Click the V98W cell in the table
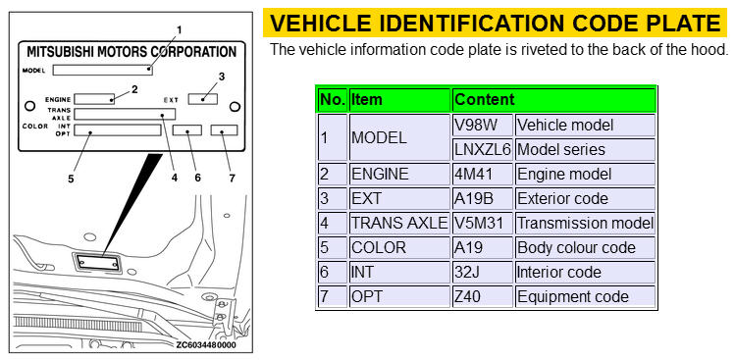tap(483, 126)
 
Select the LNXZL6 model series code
tap(483, 149)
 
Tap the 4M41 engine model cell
tap(483, 175)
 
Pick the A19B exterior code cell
tap(483, 199)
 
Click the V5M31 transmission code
tap(483, 223)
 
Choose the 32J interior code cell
tap(483, 272)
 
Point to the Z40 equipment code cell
tap(483, 296)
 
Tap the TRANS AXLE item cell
tap(399, 223)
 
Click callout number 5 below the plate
tap(71, 179)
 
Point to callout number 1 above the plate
tap(179, 30)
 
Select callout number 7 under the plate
tap(232, 179)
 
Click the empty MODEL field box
tap(103, 70)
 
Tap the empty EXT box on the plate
tap(203, 99)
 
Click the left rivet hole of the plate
tap(29, 106)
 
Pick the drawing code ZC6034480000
tap(206, 345)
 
